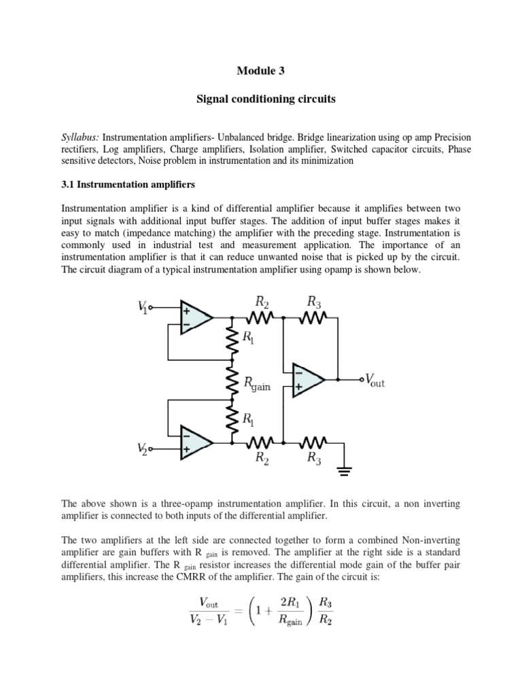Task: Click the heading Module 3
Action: point(261,71)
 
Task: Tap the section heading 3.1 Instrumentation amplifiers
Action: point(128,184)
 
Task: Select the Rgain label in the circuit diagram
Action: point(257,385)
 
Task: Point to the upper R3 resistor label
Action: point(313,301)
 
